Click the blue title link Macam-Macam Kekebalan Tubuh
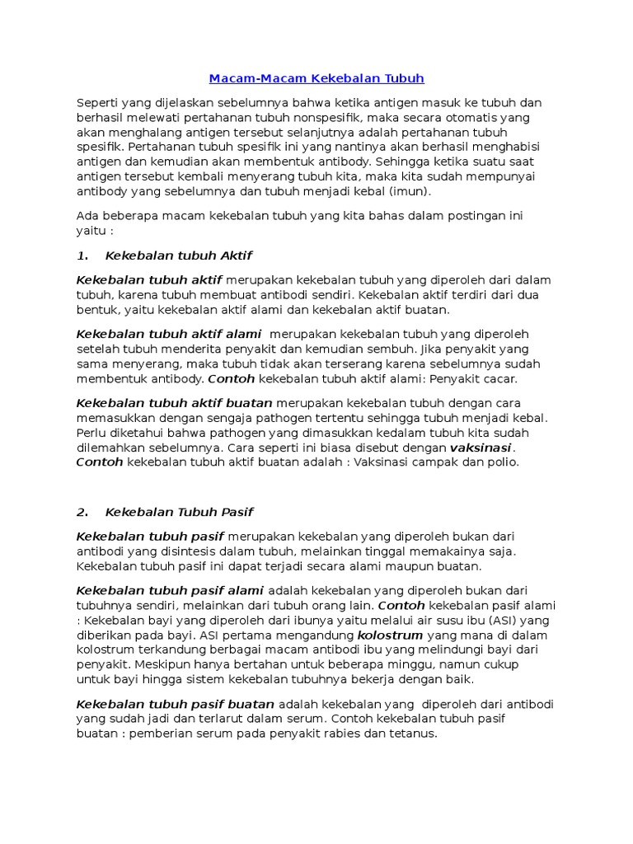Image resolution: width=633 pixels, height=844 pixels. tap(316, 79)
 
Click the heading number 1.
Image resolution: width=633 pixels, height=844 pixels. tap(82, 256)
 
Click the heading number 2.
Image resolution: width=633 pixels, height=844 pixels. tap(82, 512)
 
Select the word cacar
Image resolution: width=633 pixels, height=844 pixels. tap(502, 379)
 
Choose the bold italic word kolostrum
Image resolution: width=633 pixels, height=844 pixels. tap(390, 635)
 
